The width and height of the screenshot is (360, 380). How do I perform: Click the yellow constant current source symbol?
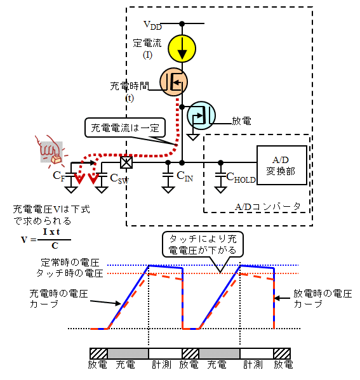pyautogui.click(x=182, y=48)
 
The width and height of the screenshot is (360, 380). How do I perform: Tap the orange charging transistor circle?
pyautogui.click(x=173, y=82)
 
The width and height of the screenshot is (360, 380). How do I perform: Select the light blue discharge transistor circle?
pyautogui.click(x=201, y=115)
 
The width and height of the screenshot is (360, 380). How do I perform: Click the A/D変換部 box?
pyautogui.click(x=282, y=166)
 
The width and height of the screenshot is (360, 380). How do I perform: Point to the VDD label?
pyautogui.click(x=152, y=25)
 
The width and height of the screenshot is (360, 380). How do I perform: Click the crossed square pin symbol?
pyautogui.click(x=126, y=162)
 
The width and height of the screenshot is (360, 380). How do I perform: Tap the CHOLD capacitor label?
pyautogui.click(x=241, y=178)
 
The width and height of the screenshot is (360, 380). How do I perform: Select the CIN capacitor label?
pyautogui.click(x=185, y=176)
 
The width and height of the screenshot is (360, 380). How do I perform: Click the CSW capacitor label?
pyautogui.click(x=119, y=179)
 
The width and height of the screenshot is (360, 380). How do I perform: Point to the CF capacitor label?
pyautogui.click(x=59, y=176)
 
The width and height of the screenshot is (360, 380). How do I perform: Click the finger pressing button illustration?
pyautogui.click(x=51, y=151)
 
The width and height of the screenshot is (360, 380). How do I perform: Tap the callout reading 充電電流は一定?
pyautogui.click(x=125, y=128)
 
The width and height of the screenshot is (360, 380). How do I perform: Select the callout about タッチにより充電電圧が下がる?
pyautogui.click(x=203, y=244)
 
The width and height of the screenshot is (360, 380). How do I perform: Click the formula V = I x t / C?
pyautogui.click(x=46, y=239)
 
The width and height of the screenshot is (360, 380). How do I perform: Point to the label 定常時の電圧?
pyautogui.click(x=70, y=263)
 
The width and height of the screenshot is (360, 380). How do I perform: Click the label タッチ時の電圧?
pyautogui.click(x=70, y=273)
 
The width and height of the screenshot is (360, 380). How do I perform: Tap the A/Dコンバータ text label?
pyautogui.click(x=268, y=207)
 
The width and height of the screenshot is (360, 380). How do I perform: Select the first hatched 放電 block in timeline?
pyautogui.click(x=98, y=353)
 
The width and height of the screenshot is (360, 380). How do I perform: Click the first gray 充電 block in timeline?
pyautogui.click(x=128, y=353)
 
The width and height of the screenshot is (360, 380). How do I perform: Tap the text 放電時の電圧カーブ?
pyautogui.click(x=323, y=299)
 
